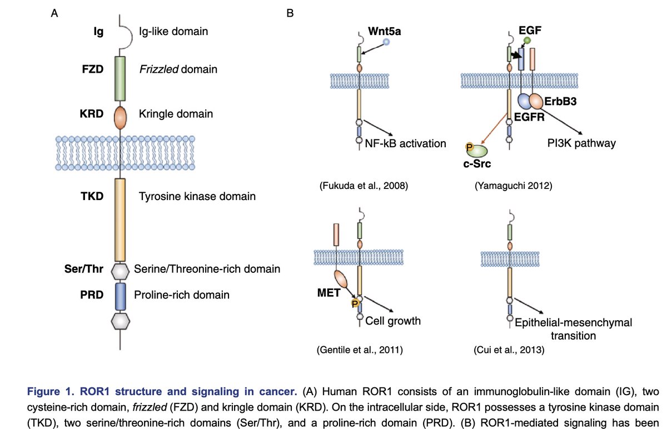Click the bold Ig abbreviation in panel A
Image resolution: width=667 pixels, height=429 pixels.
[97, 32]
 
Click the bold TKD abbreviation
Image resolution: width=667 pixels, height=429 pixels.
[93, 196]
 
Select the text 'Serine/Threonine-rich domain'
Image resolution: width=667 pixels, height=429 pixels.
[207, 269]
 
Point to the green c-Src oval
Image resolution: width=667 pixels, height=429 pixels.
[477, 150]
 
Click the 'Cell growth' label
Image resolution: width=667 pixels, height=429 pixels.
[392, 321]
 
